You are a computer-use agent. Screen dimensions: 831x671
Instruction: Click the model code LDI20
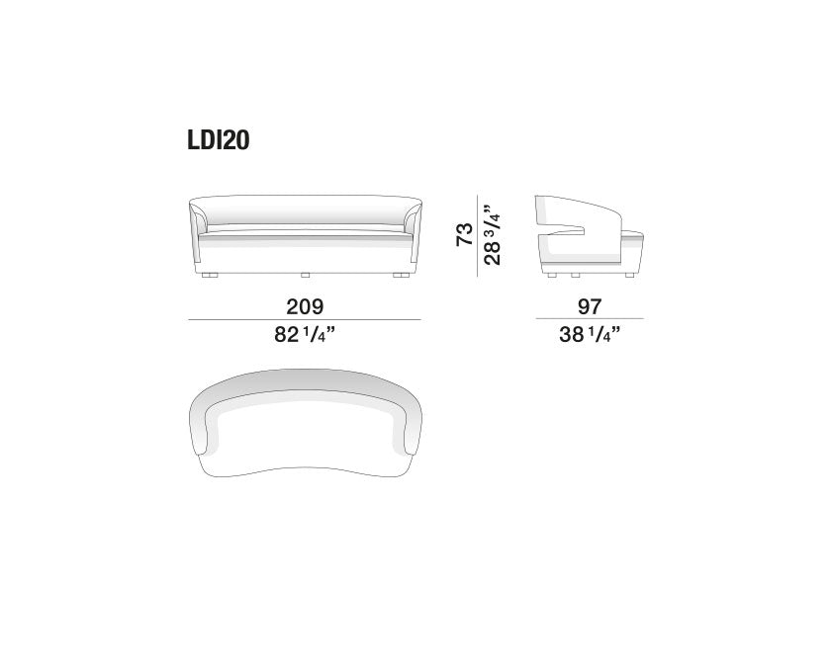(x=219, y=140)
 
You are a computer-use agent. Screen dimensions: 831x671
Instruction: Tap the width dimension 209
(x=305, y=306)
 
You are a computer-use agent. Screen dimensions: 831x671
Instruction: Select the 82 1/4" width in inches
(x=305, y=334)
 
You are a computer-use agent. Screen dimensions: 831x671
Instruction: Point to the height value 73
(x=464, y=234)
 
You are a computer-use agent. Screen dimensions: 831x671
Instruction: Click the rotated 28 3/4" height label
(x=492, y=234)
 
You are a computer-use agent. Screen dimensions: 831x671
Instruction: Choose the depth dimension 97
(x=590, y=306)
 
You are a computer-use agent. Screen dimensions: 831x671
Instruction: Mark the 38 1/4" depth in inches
(x=590, y=334)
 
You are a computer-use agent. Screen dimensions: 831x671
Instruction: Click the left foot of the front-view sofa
(x=210, y=276)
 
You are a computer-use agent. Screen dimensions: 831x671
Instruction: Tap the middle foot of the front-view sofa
(x=305, y=276)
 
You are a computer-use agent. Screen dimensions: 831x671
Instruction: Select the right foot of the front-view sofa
(x=400, y=276)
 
